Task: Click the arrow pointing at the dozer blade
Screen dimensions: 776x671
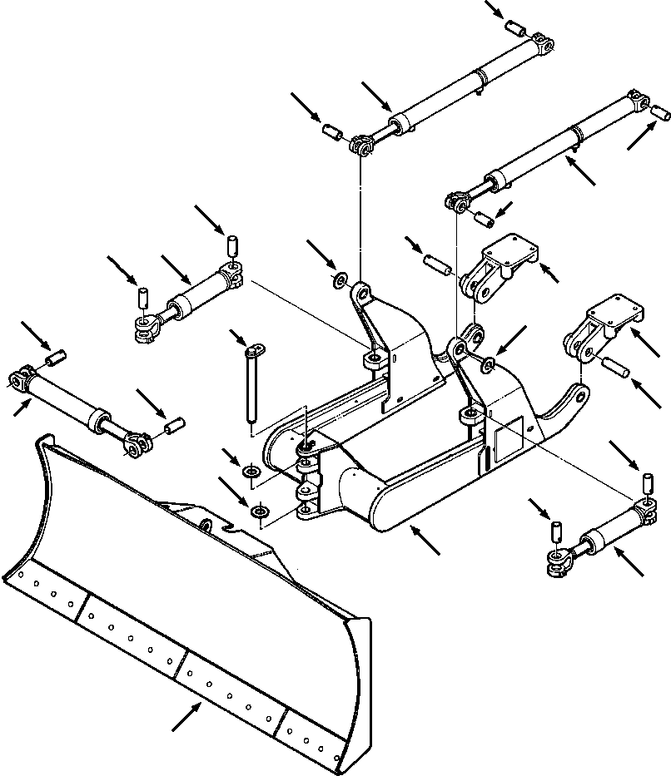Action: click(x=186, y=715)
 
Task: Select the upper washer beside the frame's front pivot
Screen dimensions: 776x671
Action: click(x=250, y=473)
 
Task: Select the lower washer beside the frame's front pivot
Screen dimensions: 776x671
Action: click(x=260, y=510)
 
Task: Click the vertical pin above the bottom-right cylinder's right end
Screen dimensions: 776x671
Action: click(x=645, y=482)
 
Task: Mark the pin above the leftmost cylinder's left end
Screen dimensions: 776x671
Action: click(x=56, y=358)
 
